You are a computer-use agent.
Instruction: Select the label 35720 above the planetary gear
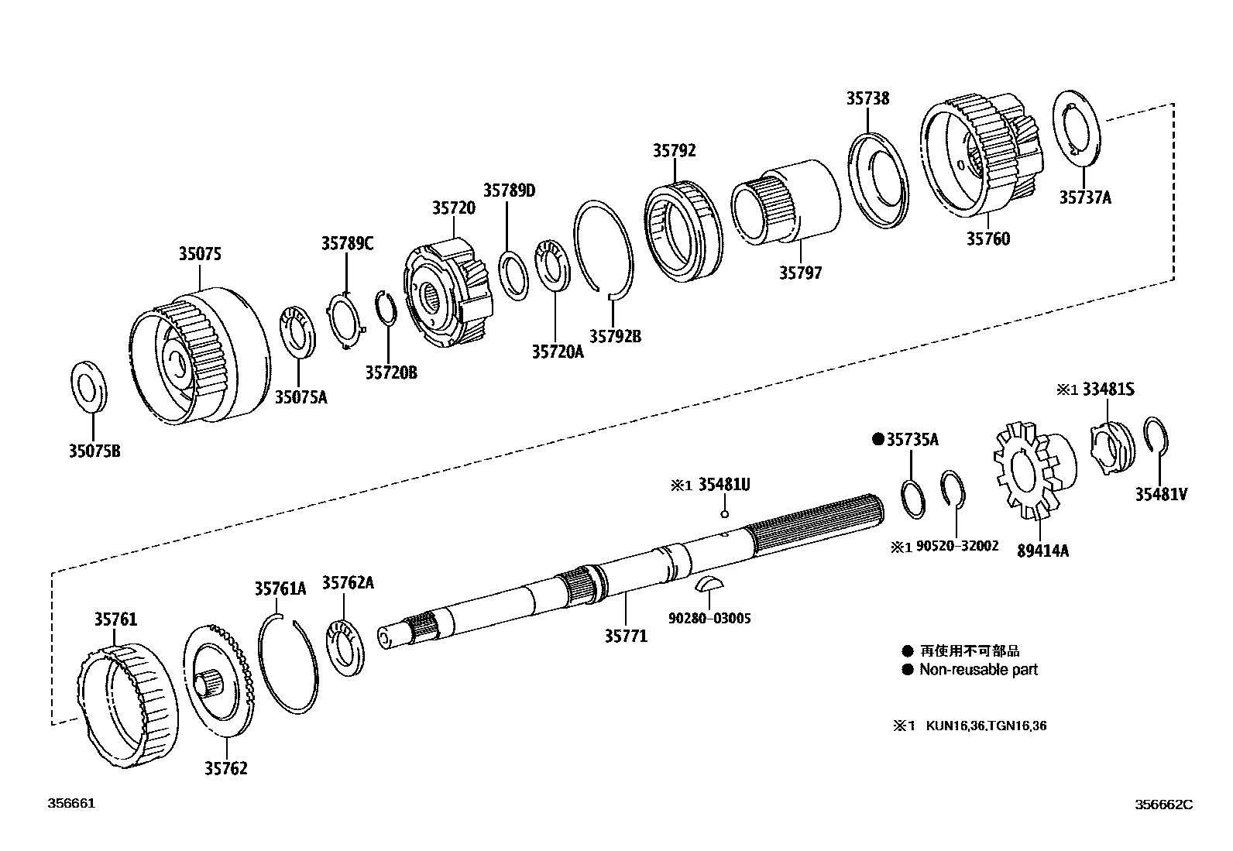coord(453,208)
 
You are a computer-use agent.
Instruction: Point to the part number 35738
coord(867,98)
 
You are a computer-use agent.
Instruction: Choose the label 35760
coord(987,238)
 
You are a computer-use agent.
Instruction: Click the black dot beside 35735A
coord(878,439)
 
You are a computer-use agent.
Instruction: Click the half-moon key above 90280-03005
coord(709,584)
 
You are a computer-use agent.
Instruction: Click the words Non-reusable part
coord(978,670)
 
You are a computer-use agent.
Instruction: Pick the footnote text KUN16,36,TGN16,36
coord(986,726)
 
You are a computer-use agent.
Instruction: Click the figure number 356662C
coord(1163,805)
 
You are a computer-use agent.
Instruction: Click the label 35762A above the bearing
coord(348,582)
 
